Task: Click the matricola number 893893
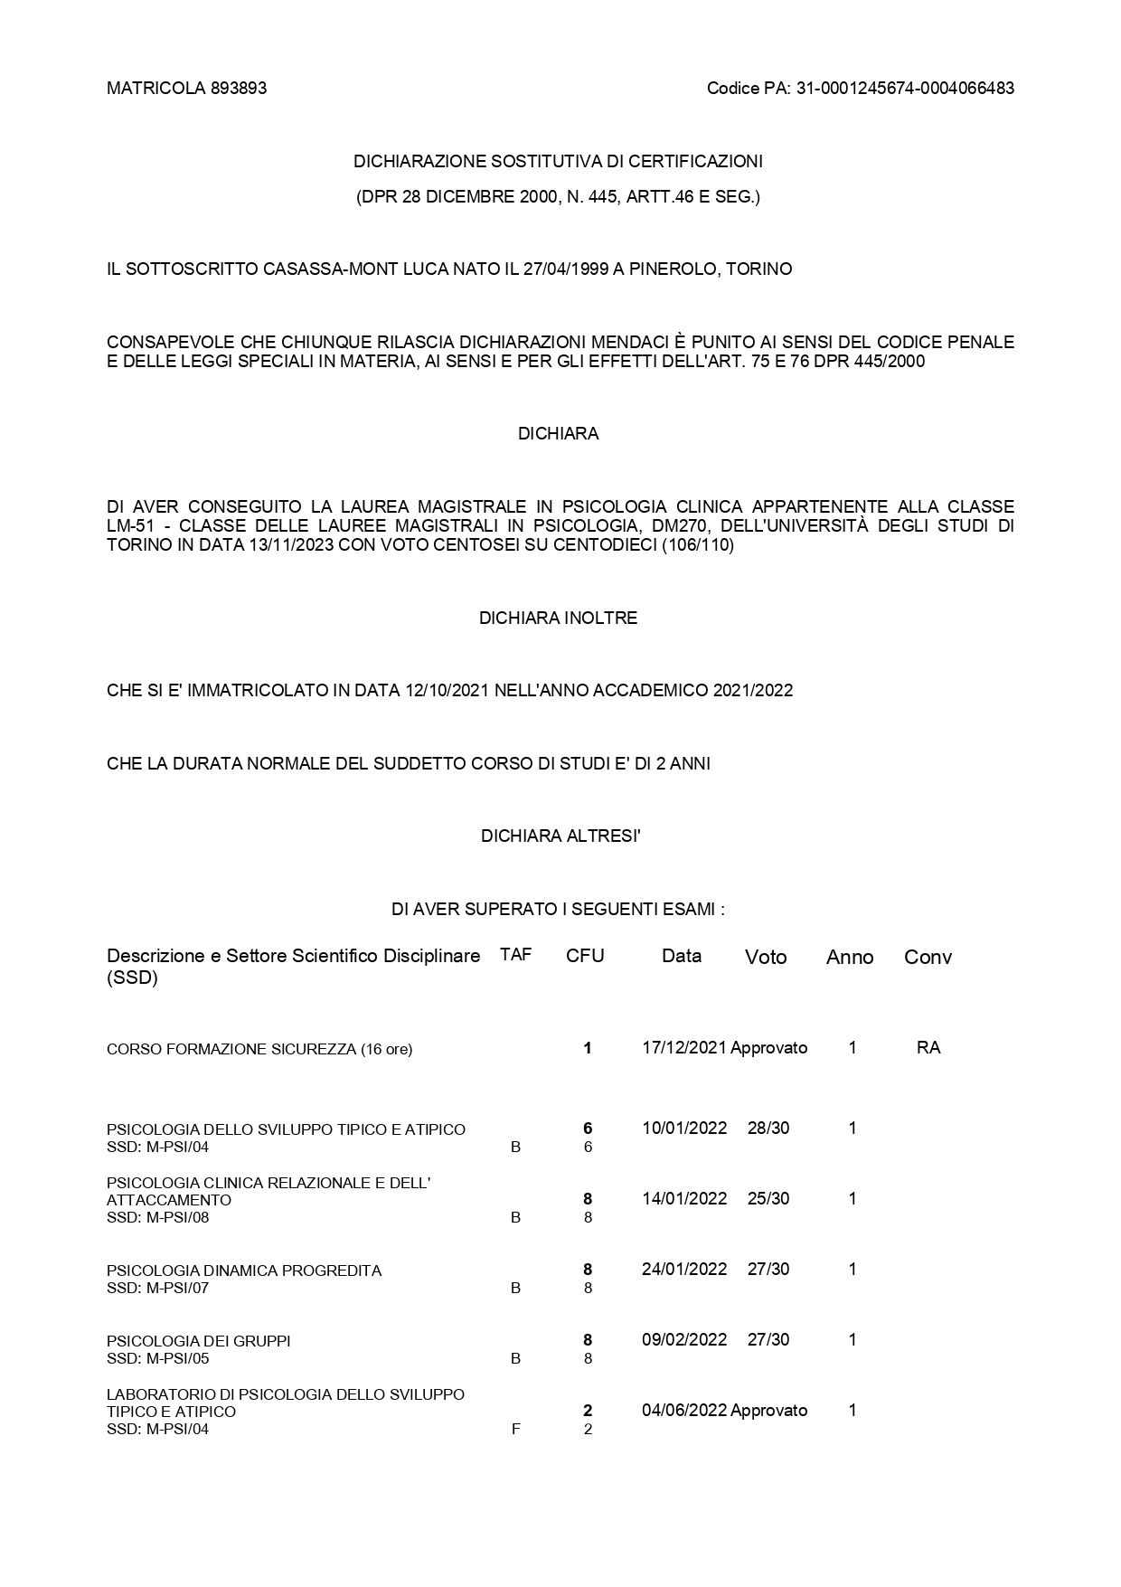coord(239,89)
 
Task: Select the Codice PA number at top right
coord(905,89)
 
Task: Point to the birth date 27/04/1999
coord(561,269)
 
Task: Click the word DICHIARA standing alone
coord(558,434)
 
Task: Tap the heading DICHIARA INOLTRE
coord(558,619)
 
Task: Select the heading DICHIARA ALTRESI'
coord(560,836)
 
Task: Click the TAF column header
coord(515,955)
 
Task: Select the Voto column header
coord(766,957)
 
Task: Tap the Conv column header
coord(928,957)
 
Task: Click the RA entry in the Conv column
coord(928,1048)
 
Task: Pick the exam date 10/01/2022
coord(684,1129)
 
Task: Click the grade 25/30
coord(768,1199)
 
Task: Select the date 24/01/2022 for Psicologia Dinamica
coord(684,1270)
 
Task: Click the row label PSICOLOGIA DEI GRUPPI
coord(199,1341)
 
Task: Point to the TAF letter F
coord(515,1430)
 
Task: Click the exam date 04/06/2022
coord(684,1411)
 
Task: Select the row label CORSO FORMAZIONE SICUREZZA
coord(259,1050)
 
